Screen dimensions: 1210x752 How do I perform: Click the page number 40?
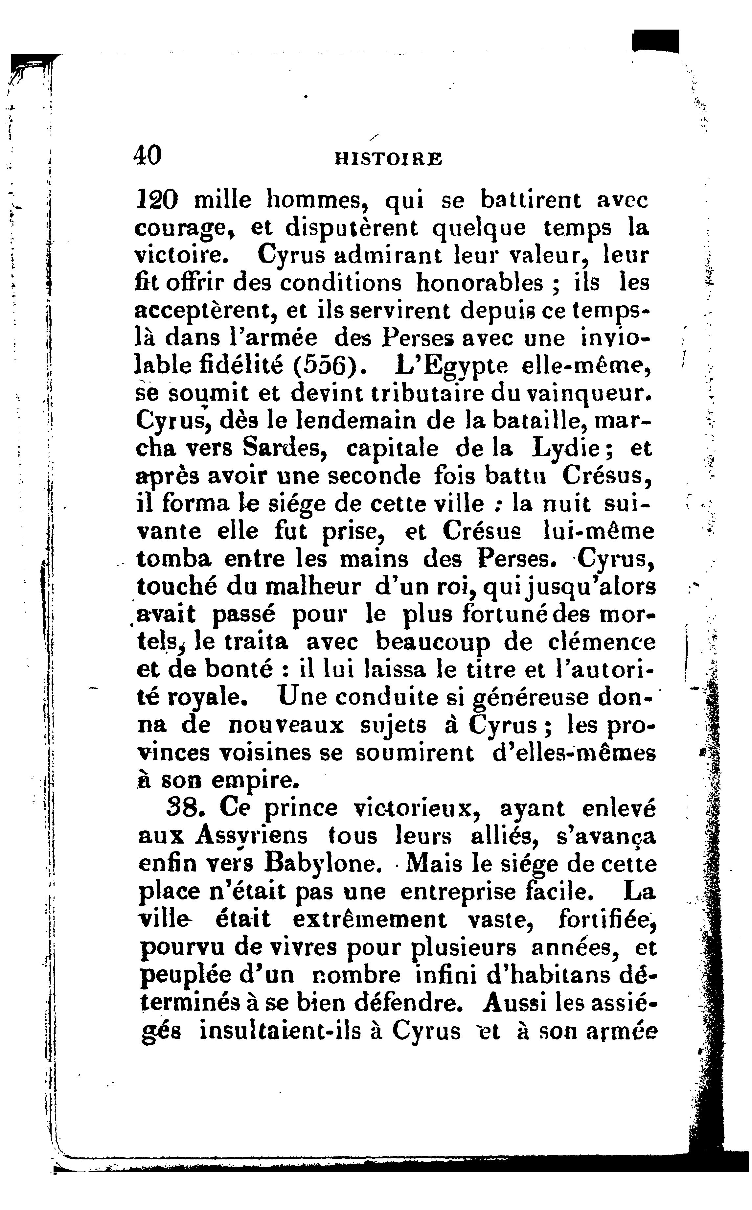point(148,156)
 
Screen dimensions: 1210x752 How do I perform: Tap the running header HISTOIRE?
point(388,159)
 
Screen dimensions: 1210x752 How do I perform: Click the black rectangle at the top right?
point(655,41)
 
